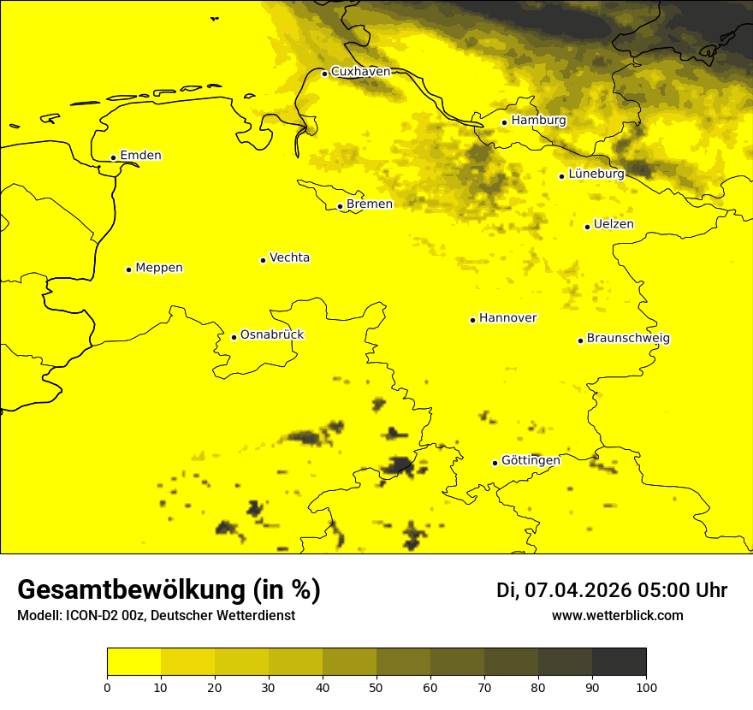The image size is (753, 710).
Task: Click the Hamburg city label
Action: click(x=538, y=121)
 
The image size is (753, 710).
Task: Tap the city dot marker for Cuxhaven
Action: click(x=324, y=74)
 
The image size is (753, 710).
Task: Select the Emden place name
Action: click(x=140, y=156)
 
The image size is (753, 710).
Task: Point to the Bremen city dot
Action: click(x=340, y=206)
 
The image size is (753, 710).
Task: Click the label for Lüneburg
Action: click(x=596, y=174)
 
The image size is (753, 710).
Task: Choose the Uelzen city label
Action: click(x=614, y=224)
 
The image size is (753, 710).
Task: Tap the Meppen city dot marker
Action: click(x=128, y=269)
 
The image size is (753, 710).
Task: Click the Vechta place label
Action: click(x=289, y=257)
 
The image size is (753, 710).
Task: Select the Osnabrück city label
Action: click(x=272, y=334)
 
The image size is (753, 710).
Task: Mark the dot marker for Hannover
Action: click(x=472, y=320)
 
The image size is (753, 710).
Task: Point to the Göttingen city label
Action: click(x=531, y=460)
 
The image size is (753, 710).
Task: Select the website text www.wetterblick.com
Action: click(x=617, y=616)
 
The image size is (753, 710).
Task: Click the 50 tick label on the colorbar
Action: click(x=376, y=687)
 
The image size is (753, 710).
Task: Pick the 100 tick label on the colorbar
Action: click(x=646, y=687)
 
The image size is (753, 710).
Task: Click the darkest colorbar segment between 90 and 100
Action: click(x=619, y=662)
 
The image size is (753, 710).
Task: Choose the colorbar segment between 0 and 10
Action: click(x=133, y=662)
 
